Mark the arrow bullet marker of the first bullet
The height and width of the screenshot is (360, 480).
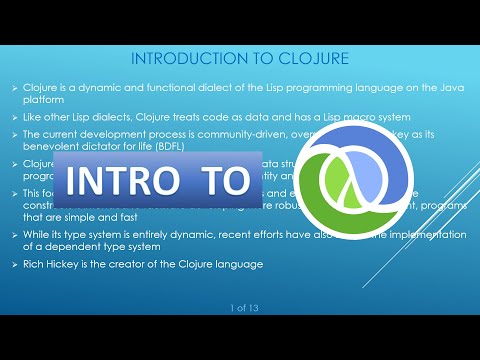[x=16, y=86]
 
